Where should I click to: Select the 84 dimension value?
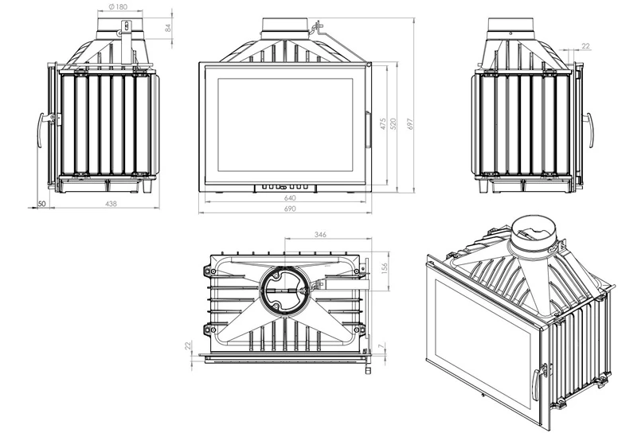click(x=168, y=28)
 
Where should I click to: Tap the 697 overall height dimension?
click(x=410, y=124)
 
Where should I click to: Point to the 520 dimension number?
click(x=393, y=124)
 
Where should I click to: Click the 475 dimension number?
click(x=383, y=124)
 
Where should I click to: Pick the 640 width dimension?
click(x=289, y=197)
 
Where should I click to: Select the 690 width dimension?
click(x=289, y=209)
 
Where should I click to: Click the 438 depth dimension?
click(x=111, y=204)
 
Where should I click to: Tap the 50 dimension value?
click(x=41, y=204)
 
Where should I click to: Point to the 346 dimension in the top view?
click(x=320, y=235)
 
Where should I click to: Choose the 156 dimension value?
click(x=385, y=268)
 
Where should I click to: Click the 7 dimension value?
click(x=380, y=346)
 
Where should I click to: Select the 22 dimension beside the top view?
click(x=188, y=345)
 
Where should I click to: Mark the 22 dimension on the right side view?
click(x=585, y=46)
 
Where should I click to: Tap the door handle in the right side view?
click(x=589, y=130)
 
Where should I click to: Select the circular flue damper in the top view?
click(x=282, y=291)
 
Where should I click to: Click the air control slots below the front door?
click(x=285, y=188)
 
